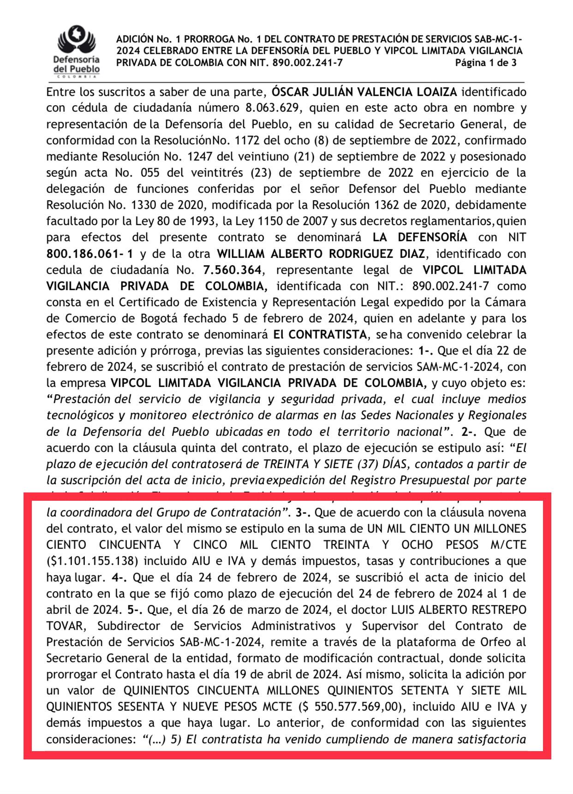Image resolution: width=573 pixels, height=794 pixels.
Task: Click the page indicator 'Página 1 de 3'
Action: pyautogui.click(x=485, y=63)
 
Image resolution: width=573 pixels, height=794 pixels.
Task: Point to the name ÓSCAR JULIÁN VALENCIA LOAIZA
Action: pyautogui.click(x=364, y=92)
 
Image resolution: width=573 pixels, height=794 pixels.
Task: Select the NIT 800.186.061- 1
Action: pyautogui.click(x=90, y=254)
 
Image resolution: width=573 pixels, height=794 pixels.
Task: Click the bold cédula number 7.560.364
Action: pyautogui.click(x=232, y=270)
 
